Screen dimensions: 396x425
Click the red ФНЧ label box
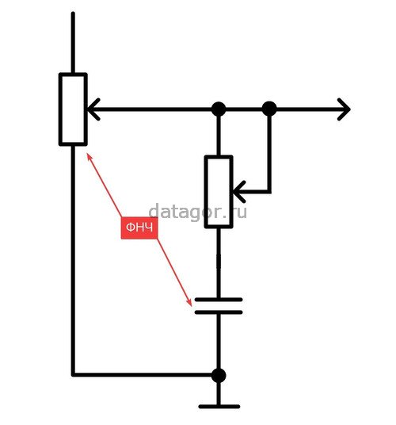pyautogui.click(x=139, y=228)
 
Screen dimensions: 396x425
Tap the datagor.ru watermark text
pyautogui.click(x=197, y=212)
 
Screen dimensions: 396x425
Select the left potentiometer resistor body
pyautogui.click(x=73, y=109)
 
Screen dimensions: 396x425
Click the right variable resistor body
pyautogui.click(x=219, y=192)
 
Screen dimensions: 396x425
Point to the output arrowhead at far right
pyautogui.click(x=344, y=109)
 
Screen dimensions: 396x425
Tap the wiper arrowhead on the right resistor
pyautogui.click(x=239, y=192)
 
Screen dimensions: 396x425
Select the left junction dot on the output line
pyautogui.click(x=219, y=109)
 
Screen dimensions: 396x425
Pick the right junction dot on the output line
pyautogui.click(x=269, y=109)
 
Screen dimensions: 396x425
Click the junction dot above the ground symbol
pyautogui.click(x=219, y=375)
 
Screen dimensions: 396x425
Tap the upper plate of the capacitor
pyautogui.click(x=219, y=300)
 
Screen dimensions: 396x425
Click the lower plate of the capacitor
pyautogui.click(x=219, y=312)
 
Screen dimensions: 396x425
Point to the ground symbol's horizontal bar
pyautogui.click(x=219, y=407)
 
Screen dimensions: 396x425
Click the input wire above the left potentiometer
pyautogui.click(x=73, y=42)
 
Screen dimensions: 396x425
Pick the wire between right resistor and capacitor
pyautogui.click(x=219, y=263)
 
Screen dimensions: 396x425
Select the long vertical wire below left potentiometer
pyautogui.click(x=73, y=260)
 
